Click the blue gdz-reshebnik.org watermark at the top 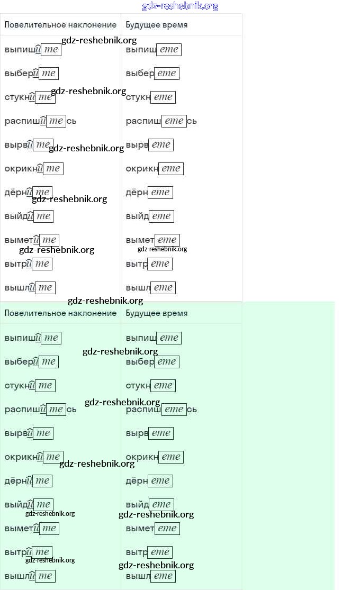pyautogui.click(x=180, y=6)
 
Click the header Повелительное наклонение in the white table pyautogui.click(x=60, y=25)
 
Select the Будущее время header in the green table pyautogui.click(x=157, y=313)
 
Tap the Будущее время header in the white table pyautogui.click(x=157, y=25)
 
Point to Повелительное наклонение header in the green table pyautogui.click(x=60, y=313)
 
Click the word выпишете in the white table pyautogui.click(x=154, y=50)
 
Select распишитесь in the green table pyautogui.click(x=41, y=410)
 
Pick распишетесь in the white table pyautogui.click(x=161, y=121)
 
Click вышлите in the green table pyautogui.click(x=30, y=576)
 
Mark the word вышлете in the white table pyautogui.click(x=150, y=288)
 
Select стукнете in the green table pyautogui.click(x=150, y=386)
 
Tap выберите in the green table pyautogui.click(x=31, y=362)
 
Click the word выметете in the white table pyautogui.click(x=152, y=240)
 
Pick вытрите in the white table pyautogui.click(x=28, y=264)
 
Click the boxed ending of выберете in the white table pyautogui.click(x=166, y=74)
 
